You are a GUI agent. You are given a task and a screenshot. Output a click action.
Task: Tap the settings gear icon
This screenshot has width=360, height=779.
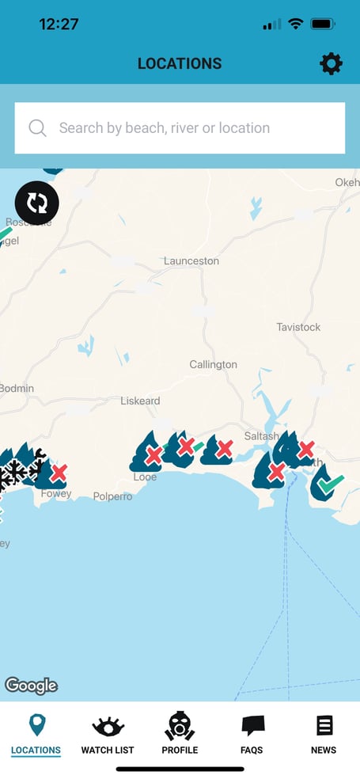pyautogui.click(x=331, y=64)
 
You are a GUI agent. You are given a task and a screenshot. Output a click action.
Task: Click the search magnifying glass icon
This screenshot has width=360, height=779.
pyautogui.click(x=37, y=128)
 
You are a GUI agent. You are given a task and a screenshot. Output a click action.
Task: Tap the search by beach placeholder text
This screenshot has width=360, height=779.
pyautogui.click(x=165, y=128)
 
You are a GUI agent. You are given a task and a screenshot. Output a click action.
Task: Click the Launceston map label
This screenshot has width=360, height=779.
pyautogui.click(x=191, y=260)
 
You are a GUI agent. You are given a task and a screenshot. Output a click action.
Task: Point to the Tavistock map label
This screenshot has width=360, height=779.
pyautogui.click(x=298, y=327)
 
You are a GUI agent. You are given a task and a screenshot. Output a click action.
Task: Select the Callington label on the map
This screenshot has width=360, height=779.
pyautogui.click(x=213, y=364)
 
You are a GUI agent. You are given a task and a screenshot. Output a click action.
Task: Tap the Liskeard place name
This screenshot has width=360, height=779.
pyautogui.click(x=140, y=401)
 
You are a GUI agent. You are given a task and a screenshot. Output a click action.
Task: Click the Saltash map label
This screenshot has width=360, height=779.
pyautogui.click(x=261, y=436)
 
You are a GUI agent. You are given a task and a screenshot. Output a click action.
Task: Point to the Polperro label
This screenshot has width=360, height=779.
pyautogui.click(x=112, y=496)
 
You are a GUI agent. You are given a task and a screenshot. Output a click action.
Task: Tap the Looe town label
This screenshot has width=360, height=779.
pyautogui.click(x=145, y=477)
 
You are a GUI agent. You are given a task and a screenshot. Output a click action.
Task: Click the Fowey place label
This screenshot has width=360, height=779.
pyautogui.click(x=56, y=493)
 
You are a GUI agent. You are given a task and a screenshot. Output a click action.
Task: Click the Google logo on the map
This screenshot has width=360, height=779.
pyautogui.click(x=31, y=685)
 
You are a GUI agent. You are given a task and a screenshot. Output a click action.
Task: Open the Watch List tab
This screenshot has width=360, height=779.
pyautogui.click(x=108, y=734)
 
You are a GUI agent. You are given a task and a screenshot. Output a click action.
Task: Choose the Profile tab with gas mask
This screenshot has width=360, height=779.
pyautogui.click(x=180, y=734)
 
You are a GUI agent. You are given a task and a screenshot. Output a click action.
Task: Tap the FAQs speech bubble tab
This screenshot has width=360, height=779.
pyautogui.click(x=252, y=734)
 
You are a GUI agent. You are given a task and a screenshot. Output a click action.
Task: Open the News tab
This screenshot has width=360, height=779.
pyautogui.click(x=324, y=734)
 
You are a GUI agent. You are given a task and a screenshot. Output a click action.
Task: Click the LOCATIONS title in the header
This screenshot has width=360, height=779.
pyautogui.click(x=180, y=64)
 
